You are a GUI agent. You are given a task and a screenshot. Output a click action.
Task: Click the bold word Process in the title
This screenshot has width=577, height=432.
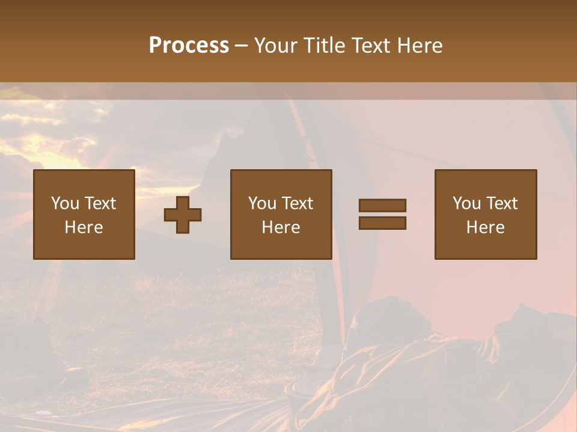(x=189, y=45)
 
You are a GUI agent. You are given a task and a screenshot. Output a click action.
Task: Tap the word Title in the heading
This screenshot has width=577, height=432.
(x=325, y=45)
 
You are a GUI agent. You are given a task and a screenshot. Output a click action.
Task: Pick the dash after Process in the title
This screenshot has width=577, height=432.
(x=242, y=46)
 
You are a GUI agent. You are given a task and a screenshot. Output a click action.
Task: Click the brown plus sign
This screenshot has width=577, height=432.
(x=183, y=215)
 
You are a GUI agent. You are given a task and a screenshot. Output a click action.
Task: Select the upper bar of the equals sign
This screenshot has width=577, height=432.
(x=382, y=205)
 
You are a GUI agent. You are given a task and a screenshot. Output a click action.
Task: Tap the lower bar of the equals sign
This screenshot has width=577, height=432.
(x=382, y=223)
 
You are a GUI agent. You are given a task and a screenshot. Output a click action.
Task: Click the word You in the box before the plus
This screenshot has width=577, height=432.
(x=64, y=203)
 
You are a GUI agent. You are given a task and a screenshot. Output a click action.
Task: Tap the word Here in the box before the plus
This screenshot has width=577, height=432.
(x=84, y=227)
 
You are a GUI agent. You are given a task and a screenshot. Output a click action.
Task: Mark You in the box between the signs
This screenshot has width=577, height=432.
(x=261, y=203)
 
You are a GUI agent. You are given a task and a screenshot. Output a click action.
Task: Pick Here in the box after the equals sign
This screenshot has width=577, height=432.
(x=486, y=227)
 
